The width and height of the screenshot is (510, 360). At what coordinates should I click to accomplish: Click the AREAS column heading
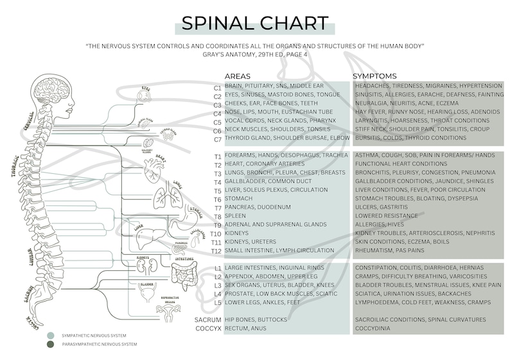pyautogui.click(x=237, y=76)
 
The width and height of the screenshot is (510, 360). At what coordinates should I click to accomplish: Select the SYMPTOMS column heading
pyautogui.click(x=374, y=76)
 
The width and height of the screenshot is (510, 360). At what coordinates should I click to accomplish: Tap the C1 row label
pyautogui.click(x=217, y=86)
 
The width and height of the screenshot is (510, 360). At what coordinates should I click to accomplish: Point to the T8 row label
pyautogui.click(x=217, y=217)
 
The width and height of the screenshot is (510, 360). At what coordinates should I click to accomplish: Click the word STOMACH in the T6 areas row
pyautogui.click(x=239, y=199)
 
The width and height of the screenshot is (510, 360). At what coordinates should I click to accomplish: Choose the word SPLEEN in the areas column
pyautogui.click(x=235, y=216)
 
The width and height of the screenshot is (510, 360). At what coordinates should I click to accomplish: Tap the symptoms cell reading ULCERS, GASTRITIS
pyautogui.click(x=382, y=207)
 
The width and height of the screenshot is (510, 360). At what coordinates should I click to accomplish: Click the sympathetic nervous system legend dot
pyautogui.click(x=51, y=336)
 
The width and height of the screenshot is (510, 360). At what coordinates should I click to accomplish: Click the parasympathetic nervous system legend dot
pyautogui.click(x=51, y=345)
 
